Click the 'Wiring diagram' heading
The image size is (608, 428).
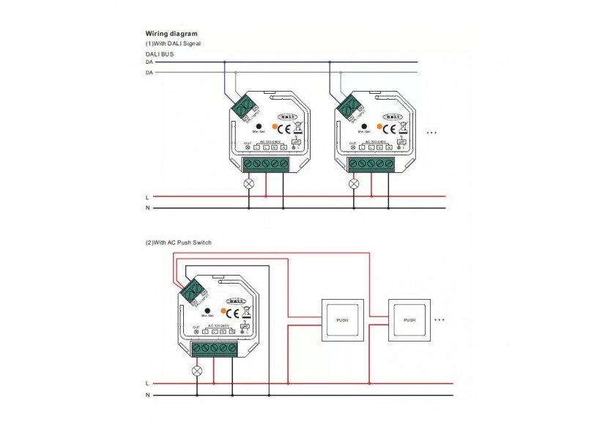click(x=171, y=34)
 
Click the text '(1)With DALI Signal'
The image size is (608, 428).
click(x=173, y=44)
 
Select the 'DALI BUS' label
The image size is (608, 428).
click(x=160, y=54)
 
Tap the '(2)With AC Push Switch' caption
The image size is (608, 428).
click(x=179, y=243)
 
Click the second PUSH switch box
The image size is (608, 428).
click(x=409, y=320)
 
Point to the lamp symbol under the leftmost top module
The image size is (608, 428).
click(x=248, y=183)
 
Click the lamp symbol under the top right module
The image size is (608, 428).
click(x=354, y=183)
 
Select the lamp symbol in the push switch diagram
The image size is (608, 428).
click(x=196, y=370)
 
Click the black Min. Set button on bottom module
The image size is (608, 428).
click(x=207, y=309)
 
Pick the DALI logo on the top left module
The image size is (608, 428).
click(x=287, y=116)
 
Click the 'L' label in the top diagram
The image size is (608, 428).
click(x=147, y=196)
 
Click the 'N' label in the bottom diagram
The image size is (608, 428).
click(x=147, y=396)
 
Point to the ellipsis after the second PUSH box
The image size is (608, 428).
click(x=440, y=320)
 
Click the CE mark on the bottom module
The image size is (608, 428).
click(x=235, y=314)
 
